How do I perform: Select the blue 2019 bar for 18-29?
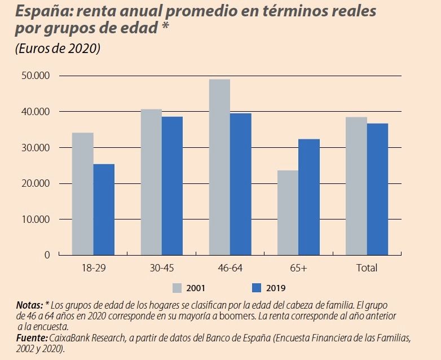click(x=104, y=209)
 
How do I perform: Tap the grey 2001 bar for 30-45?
click(x=151, y=182)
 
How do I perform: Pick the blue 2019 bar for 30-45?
click(x=172, y=186)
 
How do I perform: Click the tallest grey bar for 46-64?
click(x=219, y=167)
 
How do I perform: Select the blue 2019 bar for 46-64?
click(x=241, y=184)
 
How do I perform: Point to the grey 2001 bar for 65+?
click(x=288, y=213)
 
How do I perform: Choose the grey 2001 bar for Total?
click(x=356, y=186)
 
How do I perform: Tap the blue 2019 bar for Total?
click(x=377, y=189)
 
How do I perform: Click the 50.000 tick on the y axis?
click(x=35, y=76)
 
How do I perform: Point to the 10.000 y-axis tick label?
click(x=35, y=219)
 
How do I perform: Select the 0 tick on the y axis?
click(x=47, y=255)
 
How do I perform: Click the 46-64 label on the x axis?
click(x=230, y=268)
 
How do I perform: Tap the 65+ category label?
click(x=298, y=268)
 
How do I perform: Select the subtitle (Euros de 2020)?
click(x=58, y=49)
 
